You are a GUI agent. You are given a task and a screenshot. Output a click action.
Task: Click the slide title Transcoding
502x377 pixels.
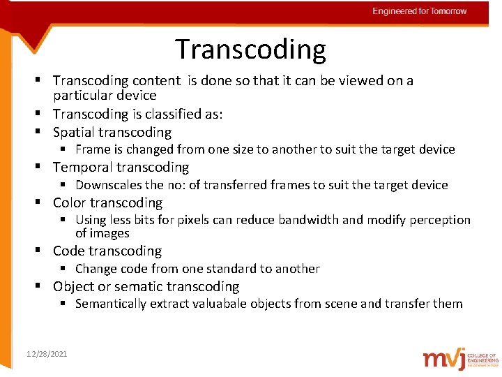point(250,50)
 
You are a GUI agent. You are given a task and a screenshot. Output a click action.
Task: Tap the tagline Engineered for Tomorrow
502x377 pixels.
point(420,11)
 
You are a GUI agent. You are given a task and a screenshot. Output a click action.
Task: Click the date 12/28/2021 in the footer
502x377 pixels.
point(47,355)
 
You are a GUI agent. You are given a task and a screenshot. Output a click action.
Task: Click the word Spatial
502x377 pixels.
point(74,132)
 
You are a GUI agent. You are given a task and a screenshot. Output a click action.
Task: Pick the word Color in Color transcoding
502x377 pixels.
point(69,203)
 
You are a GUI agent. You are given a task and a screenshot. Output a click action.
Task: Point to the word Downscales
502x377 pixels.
point(108,185)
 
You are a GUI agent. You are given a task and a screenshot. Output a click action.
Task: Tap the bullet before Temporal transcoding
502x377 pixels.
point(43,168)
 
